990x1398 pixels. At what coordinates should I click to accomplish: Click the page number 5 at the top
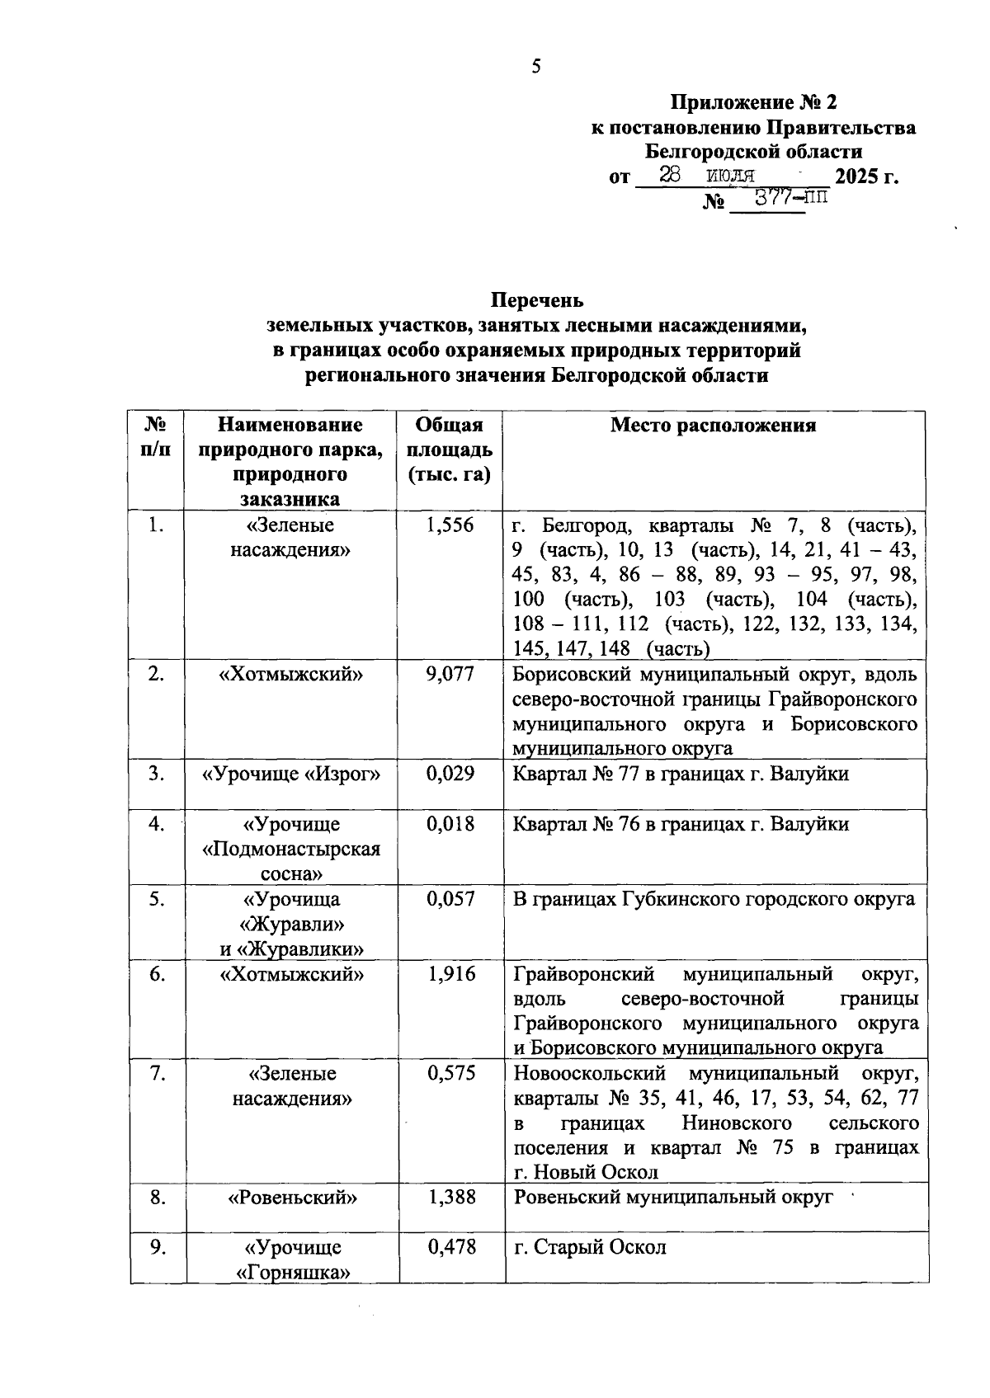coord(536,67)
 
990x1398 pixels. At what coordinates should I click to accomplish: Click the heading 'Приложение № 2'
coord(753,103)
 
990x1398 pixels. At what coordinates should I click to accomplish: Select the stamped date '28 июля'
coord(708,175)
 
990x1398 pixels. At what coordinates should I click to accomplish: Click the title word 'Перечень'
coord(537,299)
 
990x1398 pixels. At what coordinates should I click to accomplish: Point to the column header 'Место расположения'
coord(713,426)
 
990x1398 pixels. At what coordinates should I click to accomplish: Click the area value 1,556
coord(450,525)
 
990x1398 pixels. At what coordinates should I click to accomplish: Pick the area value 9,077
coord(450,675)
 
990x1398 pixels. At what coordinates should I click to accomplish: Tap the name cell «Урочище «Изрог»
coord(291,774)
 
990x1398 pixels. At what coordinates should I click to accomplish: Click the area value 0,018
coord(450,824)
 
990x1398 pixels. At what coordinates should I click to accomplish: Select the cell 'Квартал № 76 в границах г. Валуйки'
coord(681,824)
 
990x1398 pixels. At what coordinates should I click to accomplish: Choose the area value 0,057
coord(450,899)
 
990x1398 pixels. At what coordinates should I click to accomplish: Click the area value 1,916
coord(450,974)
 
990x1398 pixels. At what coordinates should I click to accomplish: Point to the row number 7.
coord(157,1074)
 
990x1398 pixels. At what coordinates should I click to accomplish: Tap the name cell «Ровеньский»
coord(291,1198)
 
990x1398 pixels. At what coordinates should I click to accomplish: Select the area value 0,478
coord(450,1247)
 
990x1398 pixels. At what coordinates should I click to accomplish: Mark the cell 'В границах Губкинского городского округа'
coord(714,899)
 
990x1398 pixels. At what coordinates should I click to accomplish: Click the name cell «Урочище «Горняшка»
coord(291,1259)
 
